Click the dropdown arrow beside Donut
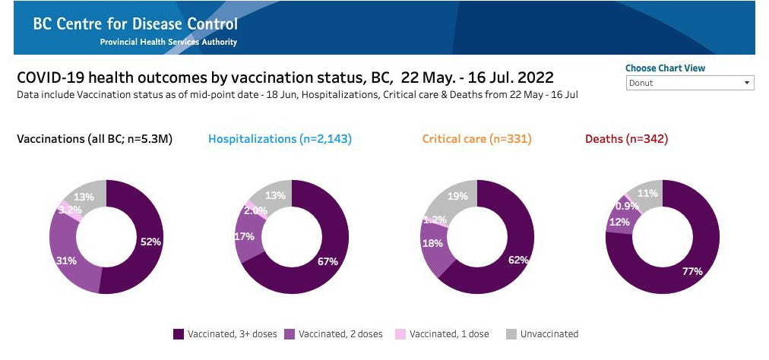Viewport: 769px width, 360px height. coord(747,83)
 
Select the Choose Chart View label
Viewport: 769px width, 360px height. coord(665,68)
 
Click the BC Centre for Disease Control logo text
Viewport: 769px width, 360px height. coord(135,24)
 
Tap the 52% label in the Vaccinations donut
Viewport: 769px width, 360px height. coord(150,242)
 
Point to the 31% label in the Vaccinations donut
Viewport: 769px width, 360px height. coord(65,261)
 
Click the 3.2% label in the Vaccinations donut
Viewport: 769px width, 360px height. coord(69,210)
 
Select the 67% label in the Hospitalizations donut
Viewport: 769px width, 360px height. coord(328,261)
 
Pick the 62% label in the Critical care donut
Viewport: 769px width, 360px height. coord(518,260)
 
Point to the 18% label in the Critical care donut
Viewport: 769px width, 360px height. coord(432,243)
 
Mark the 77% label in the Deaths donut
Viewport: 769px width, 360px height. coord(692,270)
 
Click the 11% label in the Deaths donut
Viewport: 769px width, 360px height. coord(647,193)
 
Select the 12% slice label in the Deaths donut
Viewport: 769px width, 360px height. coord(619,223)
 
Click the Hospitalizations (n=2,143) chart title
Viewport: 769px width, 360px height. coord(280,139)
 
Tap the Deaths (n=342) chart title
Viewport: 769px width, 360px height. coord(626,139)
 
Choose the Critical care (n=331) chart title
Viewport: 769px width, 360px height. coord(477,139)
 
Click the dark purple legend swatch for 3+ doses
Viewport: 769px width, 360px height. coord(179,334)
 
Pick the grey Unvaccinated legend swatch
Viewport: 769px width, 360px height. coord(511,334)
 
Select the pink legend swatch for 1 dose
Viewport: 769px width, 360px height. coord(400,334)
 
